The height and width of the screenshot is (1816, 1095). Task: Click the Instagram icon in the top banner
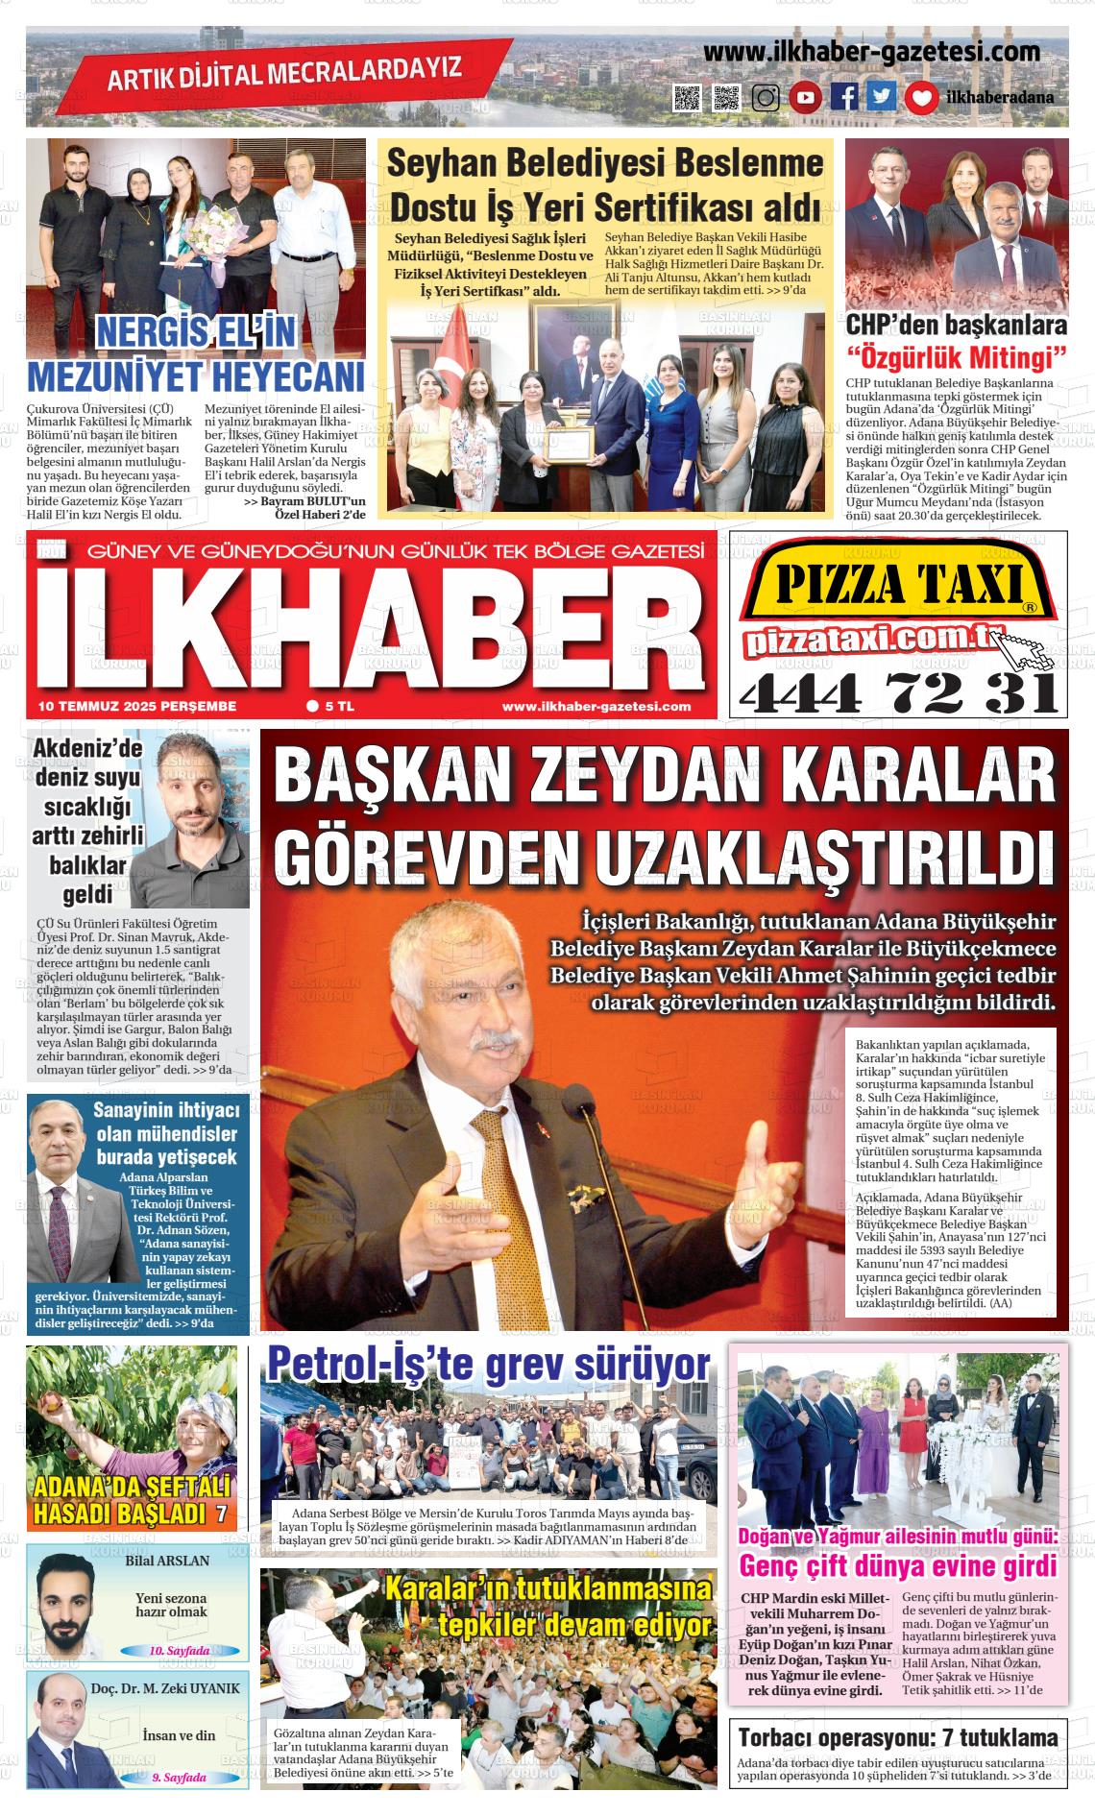coord(766,97)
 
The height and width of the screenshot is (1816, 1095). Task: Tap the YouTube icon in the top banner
coord(805,97)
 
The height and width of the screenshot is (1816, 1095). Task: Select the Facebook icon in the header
coord(844,97)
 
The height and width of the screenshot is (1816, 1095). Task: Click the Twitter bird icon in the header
coord(882,97)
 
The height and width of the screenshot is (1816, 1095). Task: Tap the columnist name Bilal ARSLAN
coord(167,1561)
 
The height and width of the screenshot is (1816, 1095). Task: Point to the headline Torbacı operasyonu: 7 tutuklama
coord(897,1737)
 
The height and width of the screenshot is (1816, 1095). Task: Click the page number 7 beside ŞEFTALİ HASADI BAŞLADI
coord(221,1514)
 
